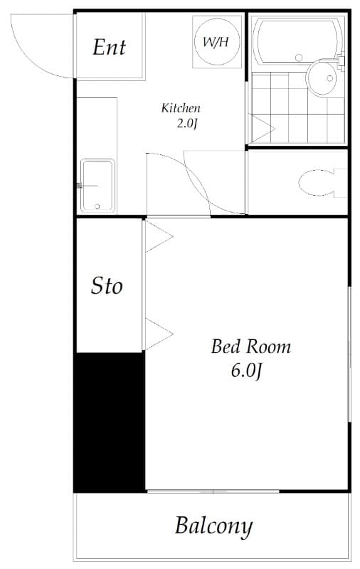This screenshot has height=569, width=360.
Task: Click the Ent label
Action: [109, 47]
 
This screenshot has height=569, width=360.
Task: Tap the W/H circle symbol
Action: [216, 41]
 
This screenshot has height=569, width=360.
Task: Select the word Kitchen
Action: [181, 108]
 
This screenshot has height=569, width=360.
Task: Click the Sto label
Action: [107, 286]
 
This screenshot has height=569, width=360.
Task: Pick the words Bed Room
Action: [250, 347]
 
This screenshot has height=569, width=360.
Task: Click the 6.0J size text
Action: [248, 371]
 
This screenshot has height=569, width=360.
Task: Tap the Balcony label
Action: [213, 526]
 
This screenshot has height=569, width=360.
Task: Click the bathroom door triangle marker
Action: [261, 129]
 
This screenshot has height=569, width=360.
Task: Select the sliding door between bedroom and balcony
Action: [213, 491]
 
